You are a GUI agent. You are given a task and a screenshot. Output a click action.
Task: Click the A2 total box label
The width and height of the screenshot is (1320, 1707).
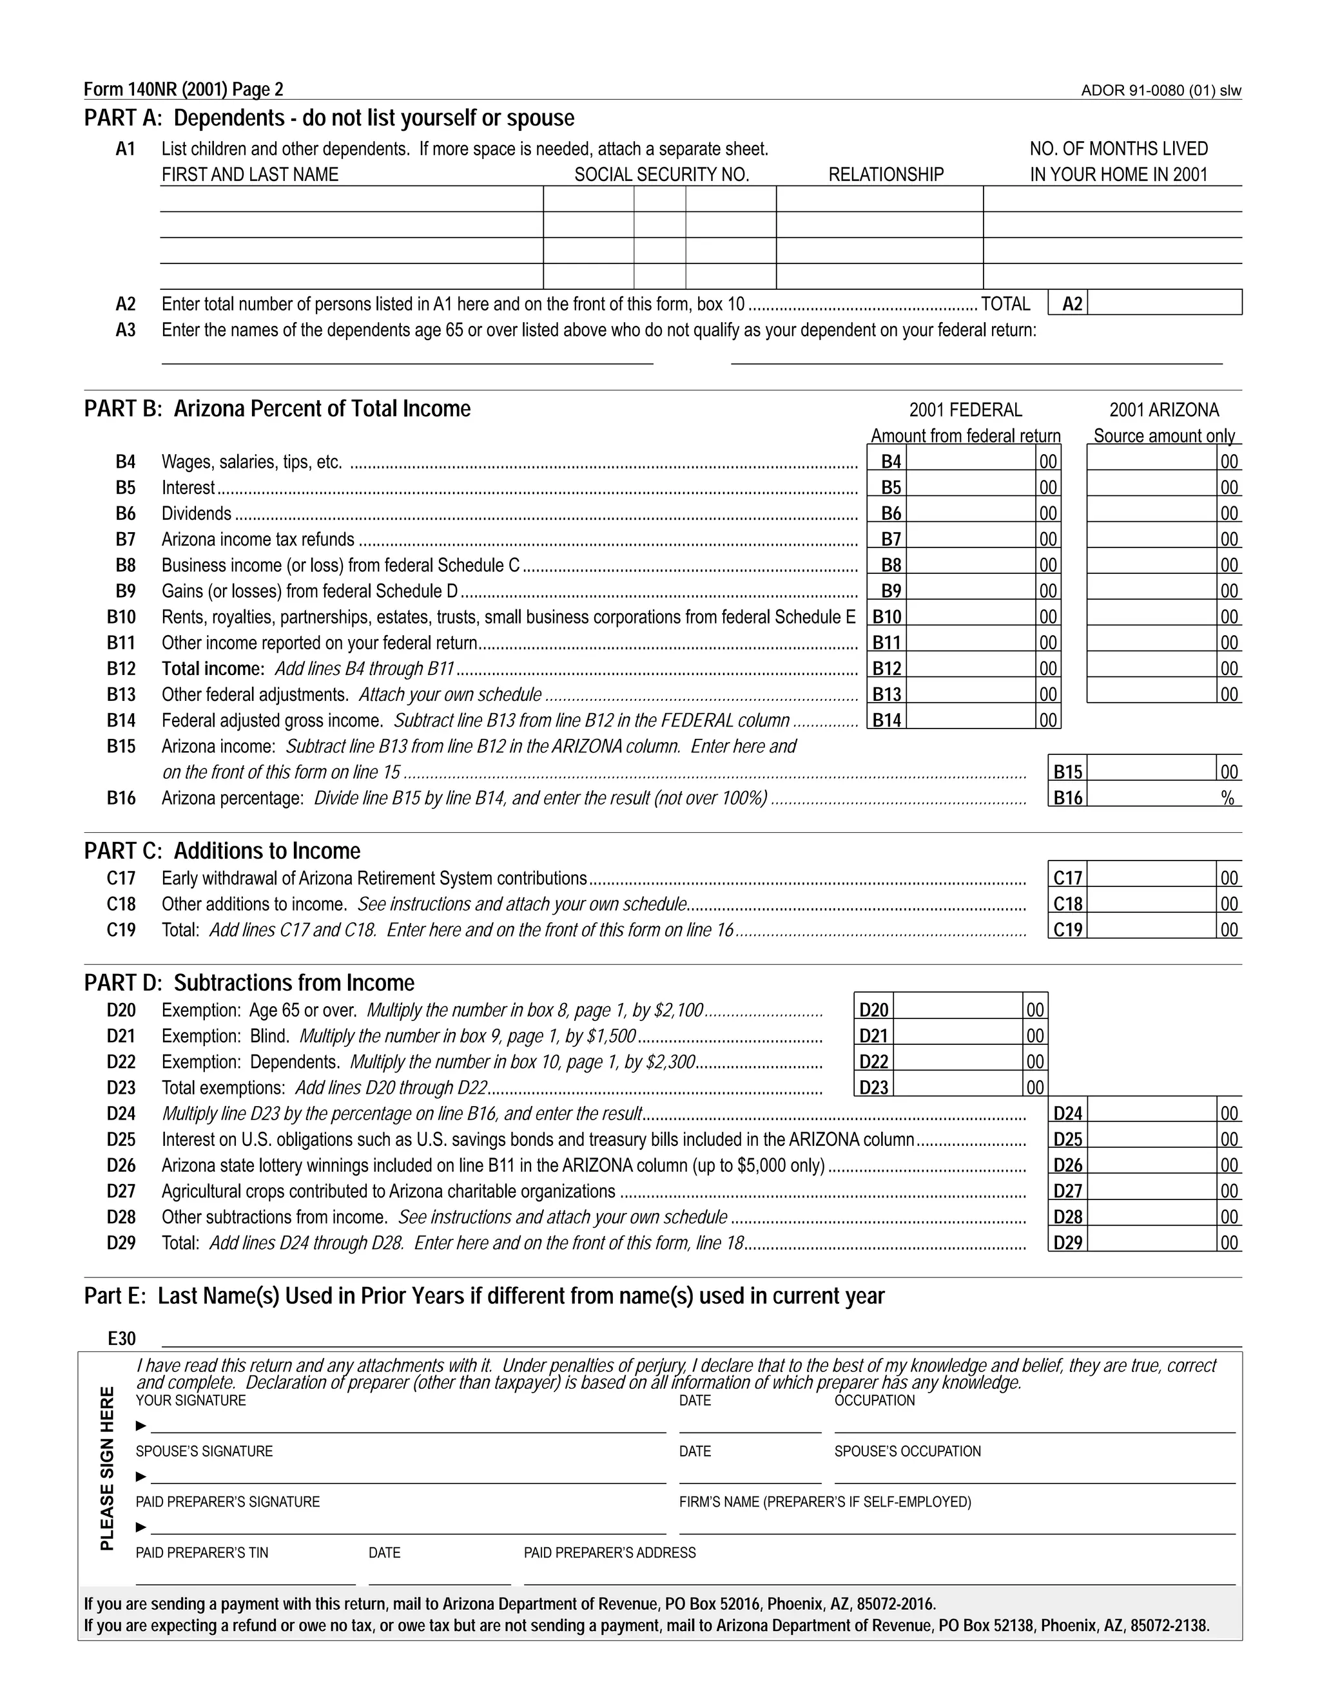tap(1072, 303)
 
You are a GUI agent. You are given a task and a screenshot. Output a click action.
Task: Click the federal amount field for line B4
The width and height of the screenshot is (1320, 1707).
tap(972, 461)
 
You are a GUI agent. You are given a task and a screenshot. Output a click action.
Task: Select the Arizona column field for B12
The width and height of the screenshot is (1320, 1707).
tap(1151, 667)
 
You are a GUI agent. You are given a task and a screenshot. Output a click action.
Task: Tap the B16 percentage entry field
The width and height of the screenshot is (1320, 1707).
tap(1151, 797)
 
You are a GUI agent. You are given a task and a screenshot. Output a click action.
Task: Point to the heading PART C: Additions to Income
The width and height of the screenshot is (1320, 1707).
tap(222, 850)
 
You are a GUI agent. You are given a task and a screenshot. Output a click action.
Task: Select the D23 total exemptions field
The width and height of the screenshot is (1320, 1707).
tap(957, 1087)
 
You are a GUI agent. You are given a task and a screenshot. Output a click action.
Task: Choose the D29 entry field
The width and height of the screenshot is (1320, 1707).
tap(1151, 1242)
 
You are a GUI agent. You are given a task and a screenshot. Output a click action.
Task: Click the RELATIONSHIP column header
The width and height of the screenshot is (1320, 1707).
tap(886, 175)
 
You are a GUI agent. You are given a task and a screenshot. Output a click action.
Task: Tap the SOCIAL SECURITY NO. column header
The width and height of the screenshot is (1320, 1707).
tap(661, 175)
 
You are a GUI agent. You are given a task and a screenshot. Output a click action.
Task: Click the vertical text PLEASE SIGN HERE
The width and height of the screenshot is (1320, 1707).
tap(107, 1468)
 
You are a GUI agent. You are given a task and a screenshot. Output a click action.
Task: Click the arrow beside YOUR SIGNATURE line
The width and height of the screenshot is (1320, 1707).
tap(141, 1426)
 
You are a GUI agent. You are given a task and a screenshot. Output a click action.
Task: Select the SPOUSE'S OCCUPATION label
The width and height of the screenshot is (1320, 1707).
tap(907, 1451)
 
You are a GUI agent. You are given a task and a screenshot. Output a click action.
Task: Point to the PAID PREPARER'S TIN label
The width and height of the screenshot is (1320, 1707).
tap(202, 1552)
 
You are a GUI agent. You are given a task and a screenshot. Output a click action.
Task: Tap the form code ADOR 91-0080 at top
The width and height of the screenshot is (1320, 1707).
tap(1160, 91)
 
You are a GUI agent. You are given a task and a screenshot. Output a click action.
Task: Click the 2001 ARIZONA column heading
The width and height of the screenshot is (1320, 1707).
tap(1163, 410)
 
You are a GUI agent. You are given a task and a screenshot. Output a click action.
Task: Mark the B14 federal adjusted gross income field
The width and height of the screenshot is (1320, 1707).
tap(972, 719)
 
